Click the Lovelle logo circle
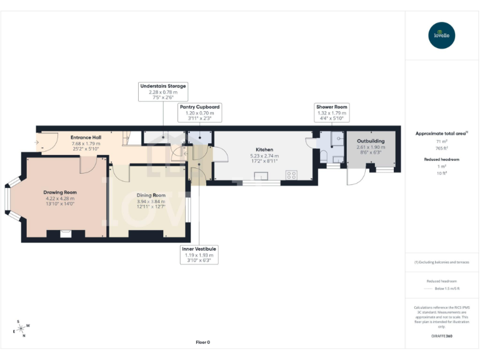click(x=442, y=35)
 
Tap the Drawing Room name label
click(x=60, y=192)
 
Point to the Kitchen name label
click(x=264, y=150)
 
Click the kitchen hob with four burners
click(x=292, y=176)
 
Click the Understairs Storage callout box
click(x=163, y=92)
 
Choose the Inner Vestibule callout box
click(x=199, y=254)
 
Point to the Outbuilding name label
click(x=371, y=141)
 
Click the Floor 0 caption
click(x=202, y=342)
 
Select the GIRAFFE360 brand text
click(x=442, y=336)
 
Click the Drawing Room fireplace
click(x=64, y=233)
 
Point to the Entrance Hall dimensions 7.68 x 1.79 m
click(x=86, y=143)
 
